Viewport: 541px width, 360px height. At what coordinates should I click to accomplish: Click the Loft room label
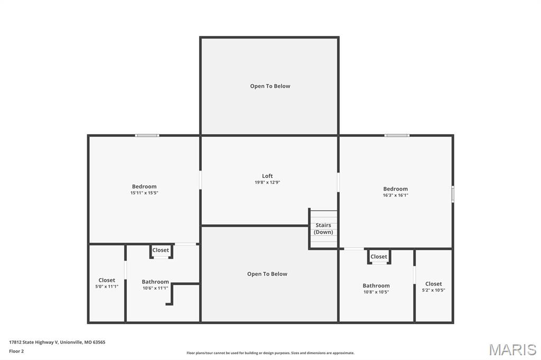coord(267,176)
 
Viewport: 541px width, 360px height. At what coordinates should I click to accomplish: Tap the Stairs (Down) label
coord(323,229)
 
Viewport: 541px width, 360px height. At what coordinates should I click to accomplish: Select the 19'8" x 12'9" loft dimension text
coord(267,183)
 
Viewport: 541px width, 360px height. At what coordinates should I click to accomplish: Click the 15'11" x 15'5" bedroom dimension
coord(144,193)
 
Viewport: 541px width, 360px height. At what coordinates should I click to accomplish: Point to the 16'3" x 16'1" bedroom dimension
coord(395,195)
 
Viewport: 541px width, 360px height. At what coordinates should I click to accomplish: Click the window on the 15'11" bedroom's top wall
coord(147,136)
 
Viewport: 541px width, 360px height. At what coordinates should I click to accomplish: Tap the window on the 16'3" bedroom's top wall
coord(397,136)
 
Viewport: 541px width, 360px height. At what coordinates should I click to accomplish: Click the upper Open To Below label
coord(270,86)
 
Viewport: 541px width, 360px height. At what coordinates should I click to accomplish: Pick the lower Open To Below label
coord(267,274)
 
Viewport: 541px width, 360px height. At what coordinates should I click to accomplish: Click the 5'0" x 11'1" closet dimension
coord(107,287)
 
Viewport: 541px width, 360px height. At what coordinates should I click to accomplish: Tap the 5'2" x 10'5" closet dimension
coord(433,290)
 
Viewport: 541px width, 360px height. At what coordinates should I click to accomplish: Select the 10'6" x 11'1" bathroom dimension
coord(155,288)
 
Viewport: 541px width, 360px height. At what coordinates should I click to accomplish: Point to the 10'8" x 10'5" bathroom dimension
coord(376,292)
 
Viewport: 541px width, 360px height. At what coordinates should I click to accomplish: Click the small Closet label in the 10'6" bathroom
coord(161,250)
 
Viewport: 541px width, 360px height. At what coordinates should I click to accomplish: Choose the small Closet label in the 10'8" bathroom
coord(379,257)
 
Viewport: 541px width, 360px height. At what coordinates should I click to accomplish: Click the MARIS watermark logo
coord(512,349)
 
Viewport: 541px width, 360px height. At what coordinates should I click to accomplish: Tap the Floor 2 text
coord(16,352)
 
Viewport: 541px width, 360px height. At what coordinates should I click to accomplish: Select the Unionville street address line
coord(57,343)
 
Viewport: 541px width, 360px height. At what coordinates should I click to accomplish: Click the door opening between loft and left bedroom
coord(200,180)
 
